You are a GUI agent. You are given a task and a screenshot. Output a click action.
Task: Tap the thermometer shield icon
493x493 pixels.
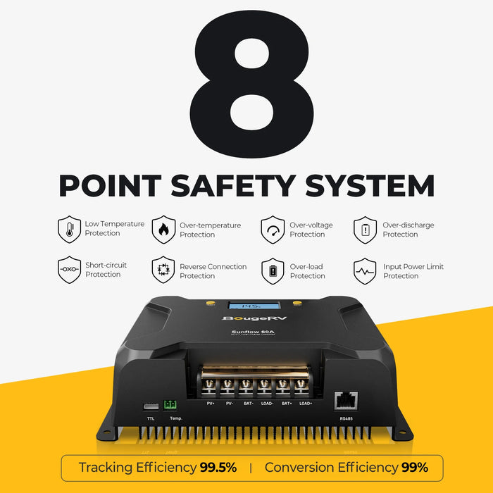[x=69, y=229]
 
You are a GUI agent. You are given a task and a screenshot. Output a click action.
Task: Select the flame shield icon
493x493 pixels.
[x=163, y=229]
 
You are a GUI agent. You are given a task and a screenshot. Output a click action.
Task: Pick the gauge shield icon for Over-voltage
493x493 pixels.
[x=273, y=230]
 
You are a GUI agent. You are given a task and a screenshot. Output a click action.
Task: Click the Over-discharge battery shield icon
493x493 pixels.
[x=366, y=230]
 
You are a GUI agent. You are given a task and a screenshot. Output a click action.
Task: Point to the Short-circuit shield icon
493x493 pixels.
[x=69, y=270]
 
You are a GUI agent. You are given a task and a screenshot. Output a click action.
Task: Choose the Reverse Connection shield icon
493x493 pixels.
[x=163, y=270]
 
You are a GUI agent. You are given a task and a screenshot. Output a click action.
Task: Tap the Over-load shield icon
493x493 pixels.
[x=273, y=270]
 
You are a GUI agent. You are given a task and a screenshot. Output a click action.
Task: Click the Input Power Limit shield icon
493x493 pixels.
[x=366, y=270]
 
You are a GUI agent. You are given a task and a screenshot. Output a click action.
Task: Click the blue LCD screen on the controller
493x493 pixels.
[x=251, y=306]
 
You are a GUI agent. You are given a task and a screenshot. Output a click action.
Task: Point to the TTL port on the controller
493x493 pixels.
[x=150, y=407]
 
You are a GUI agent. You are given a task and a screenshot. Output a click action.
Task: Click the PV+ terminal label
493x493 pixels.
[x=211, y=403]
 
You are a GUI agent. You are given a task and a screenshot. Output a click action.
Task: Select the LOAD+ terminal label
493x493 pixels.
[x=305, y=403]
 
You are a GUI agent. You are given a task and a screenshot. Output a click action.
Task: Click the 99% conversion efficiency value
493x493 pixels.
[x=414, y=468]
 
